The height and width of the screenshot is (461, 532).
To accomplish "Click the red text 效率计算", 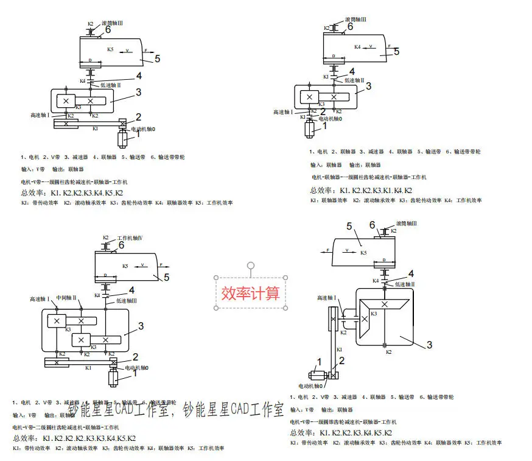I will click(250, 292).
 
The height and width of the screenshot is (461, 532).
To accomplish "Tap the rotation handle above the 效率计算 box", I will click(250, 266).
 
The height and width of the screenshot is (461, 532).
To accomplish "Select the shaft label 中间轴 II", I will click(66, 298).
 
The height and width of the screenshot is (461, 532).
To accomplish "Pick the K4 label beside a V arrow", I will click(358, 46).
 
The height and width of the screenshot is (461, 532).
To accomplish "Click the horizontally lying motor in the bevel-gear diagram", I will click(319, 376).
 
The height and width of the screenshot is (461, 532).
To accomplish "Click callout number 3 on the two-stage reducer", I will click(141, 326).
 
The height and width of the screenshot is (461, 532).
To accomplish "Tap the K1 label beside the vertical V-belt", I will click(340, 349).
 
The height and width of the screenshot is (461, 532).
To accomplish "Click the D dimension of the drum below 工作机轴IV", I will click(107, 275).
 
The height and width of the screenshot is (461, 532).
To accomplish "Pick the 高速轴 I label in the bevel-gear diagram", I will click(326, 298).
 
